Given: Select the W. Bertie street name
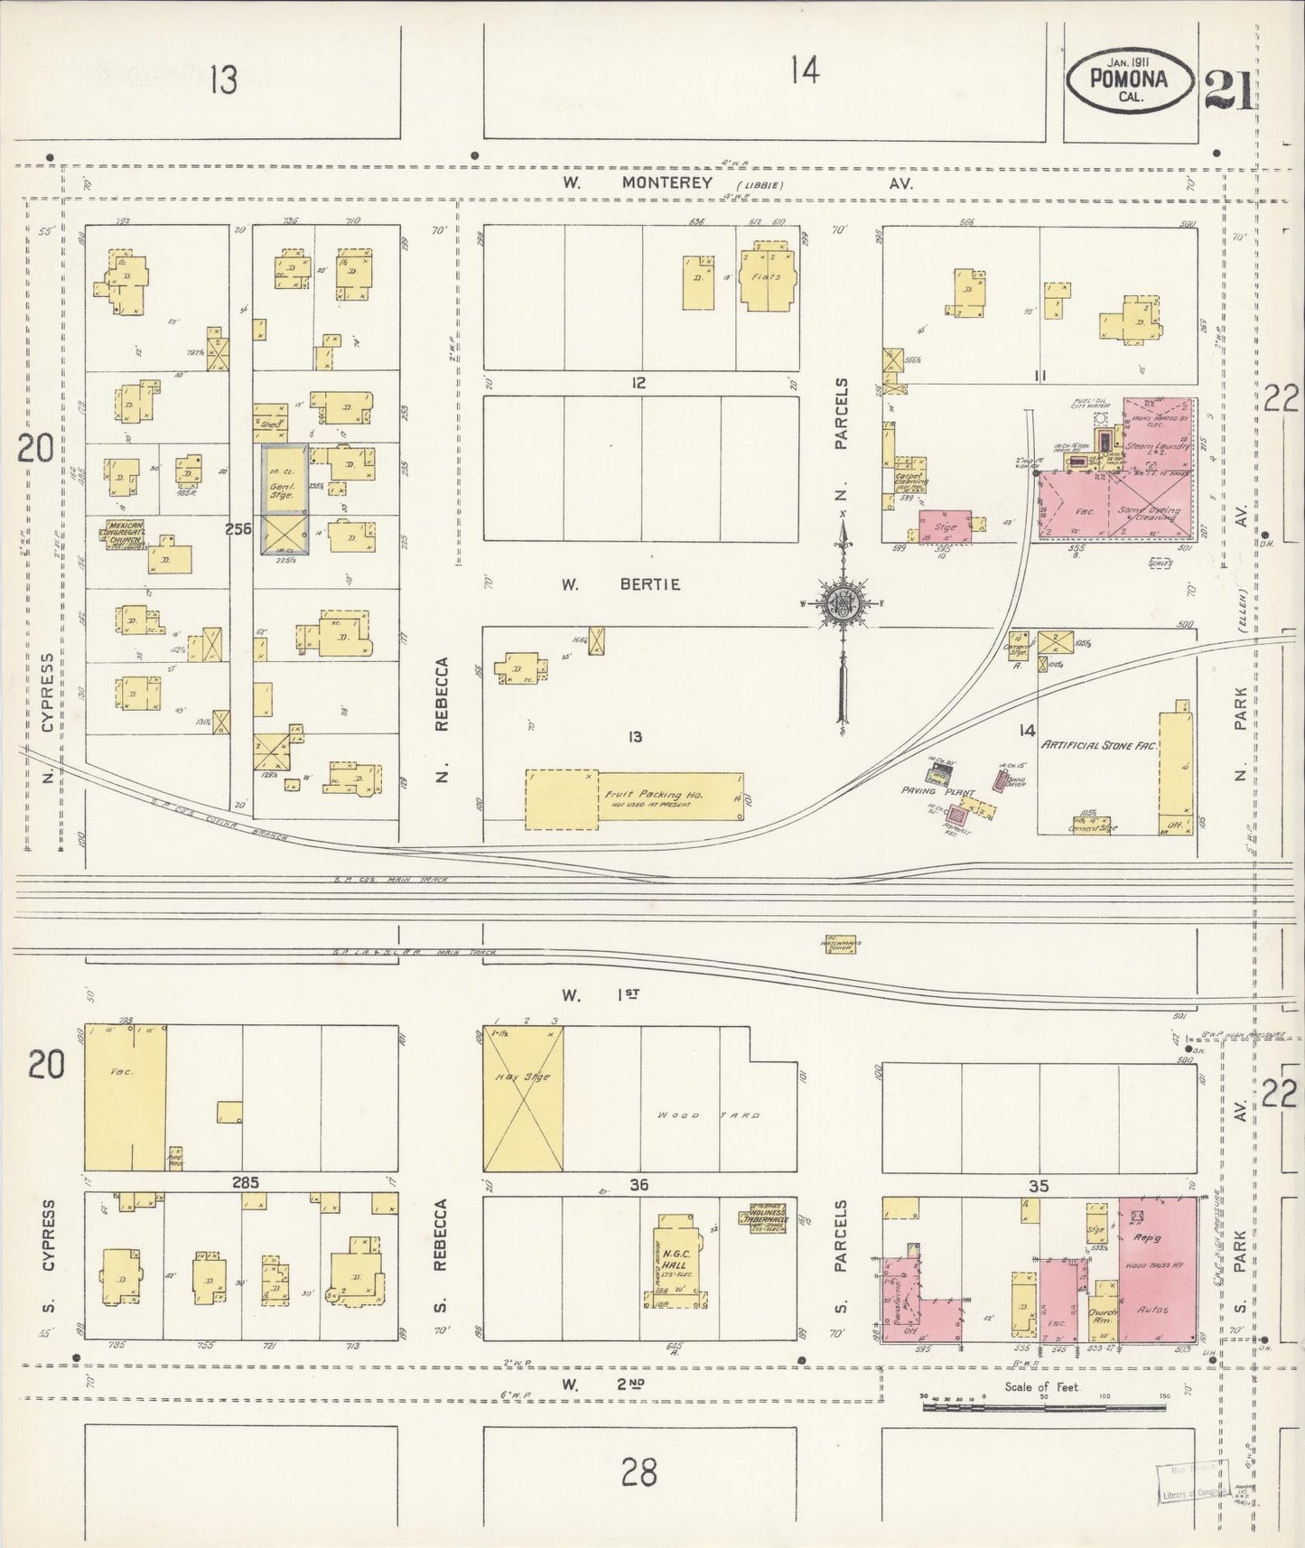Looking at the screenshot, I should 620,584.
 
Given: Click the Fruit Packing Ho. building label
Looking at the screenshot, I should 654,796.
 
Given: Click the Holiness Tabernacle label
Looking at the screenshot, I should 762,1216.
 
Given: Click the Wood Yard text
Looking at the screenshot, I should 704,1114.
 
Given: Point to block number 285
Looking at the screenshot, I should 244,1181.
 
